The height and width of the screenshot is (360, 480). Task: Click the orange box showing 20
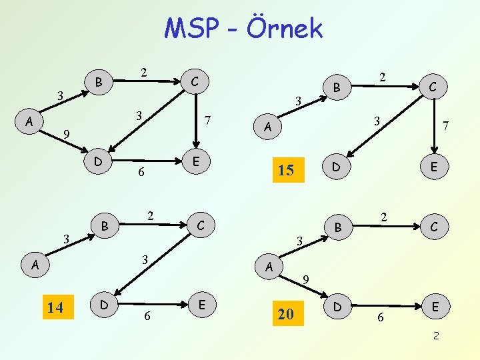click(285, 313)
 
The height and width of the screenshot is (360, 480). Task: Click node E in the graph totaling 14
click(200, 305)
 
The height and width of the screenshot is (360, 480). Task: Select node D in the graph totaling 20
click(337, 307)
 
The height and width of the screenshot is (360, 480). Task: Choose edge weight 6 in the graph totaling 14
click(147, 317)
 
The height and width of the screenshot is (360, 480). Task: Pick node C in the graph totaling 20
click(433, 227)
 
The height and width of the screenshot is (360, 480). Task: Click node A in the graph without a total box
click(28, 122)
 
